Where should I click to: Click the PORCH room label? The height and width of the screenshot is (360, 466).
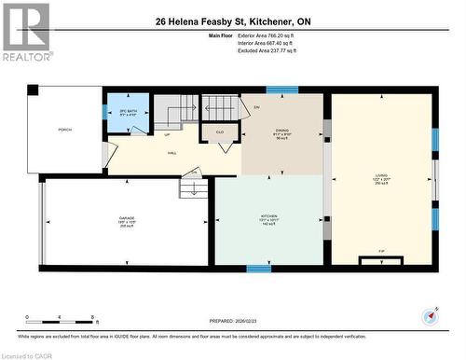point(64,130)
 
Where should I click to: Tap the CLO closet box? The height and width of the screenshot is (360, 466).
point(221,134)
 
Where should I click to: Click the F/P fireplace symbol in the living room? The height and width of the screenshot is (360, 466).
point(381,251)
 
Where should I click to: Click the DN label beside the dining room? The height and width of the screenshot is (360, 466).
point(256,106)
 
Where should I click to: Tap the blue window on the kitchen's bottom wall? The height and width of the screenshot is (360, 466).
point(259,269)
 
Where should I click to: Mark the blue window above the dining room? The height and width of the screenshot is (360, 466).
point(281,90)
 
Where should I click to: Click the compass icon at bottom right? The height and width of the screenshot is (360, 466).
point(430,315)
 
